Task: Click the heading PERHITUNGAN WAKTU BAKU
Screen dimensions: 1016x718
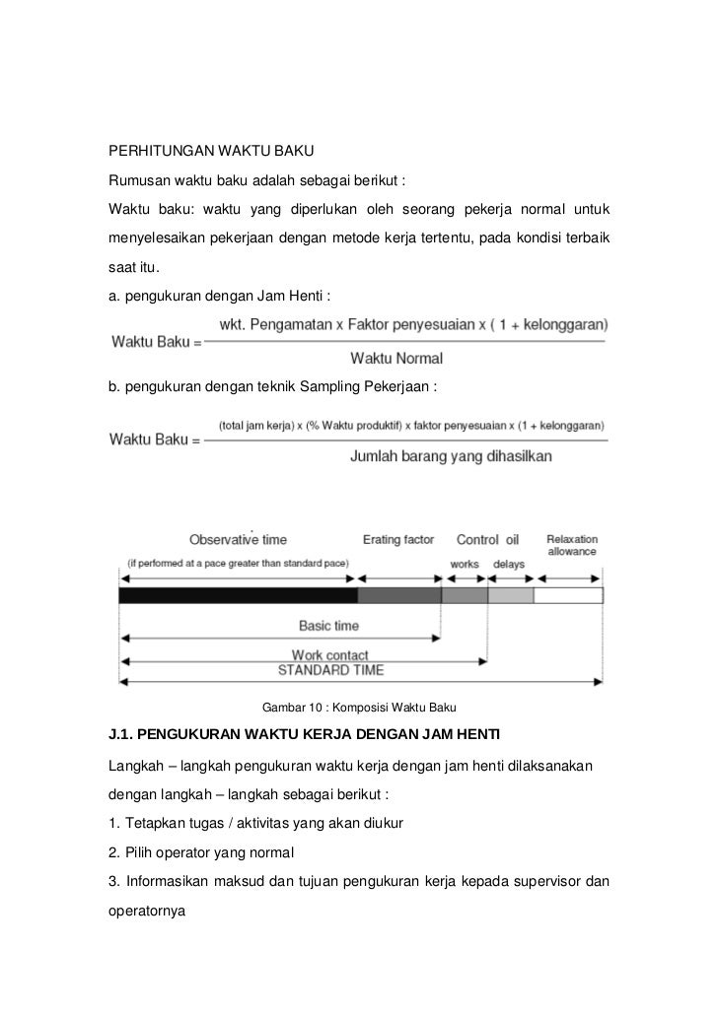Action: (x=210, y=153)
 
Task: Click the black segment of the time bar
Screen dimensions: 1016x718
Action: (x=237, y=595)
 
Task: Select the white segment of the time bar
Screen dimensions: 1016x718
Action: (x=568, y=595)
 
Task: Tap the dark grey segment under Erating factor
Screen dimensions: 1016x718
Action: (x=398, y=595)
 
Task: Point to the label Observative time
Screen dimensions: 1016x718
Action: (x=238, y=540)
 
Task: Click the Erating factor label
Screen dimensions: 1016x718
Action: (x=398, y=540)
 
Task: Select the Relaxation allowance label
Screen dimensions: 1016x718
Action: (x=572, y=546)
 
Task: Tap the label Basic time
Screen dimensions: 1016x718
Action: (x=328, y=626)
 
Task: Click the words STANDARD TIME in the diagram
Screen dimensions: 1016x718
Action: (x=330, y=670)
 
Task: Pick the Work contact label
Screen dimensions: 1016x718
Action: (x=329, y=655)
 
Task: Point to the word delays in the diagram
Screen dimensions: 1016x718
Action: (x=509, y=565)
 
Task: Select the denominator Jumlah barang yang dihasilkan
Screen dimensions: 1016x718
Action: (x=451, y=456)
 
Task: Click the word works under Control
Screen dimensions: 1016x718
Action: (x=465, y=565)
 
